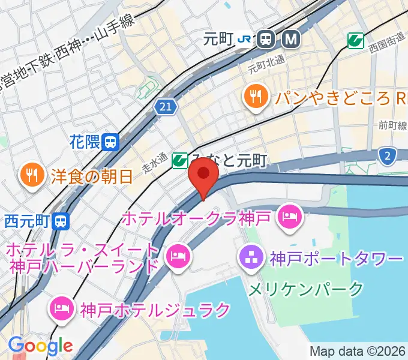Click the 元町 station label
pyautogui.click(x=217, y=40)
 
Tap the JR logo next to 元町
pyautogui.click(x=244, y=40)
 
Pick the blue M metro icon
pyautogui.click(x=291, y=40)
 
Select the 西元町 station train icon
pyautogui.click(x=60, y=221)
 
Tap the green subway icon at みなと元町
pyautogui.click(x=179, y=160)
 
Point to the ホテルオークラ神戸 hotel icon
pyautogui.click(x=290, y=216)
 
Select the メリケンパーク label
pyautogui.click(x=305, y=289)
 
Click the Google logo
pyautogui.click(x=40, y=346)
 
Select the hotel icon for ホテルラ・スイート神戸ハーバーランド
pyautogui.click(x=178, y=257)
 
